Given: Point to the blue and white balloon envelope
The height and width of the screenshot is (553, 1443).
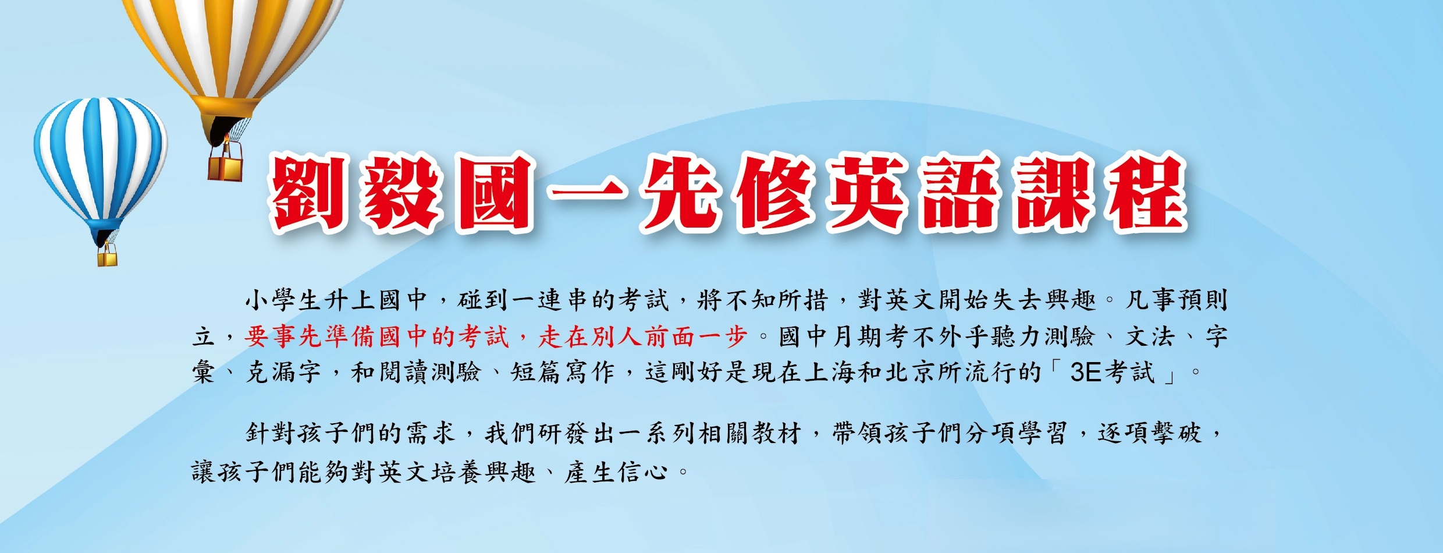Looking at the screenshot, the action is coord(101,163).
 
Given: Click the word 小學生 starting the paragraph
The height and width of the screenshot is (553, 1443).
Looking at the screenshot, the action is coord(283,300).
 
